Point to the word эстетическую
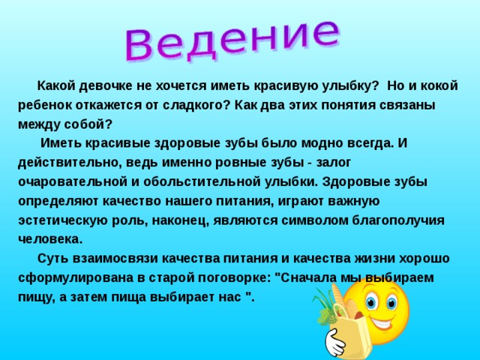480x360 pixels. click(x=63, y=220)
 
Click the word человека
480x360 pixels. click(x=49, y=239)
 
